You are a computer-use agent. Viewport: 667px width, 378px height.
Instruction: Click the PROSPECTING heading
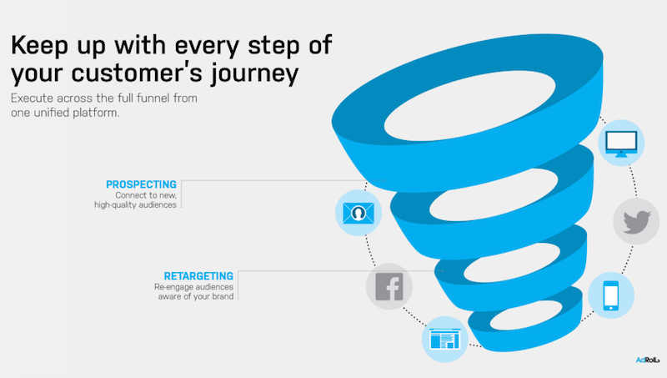pyautogui.click(x=141, y=184)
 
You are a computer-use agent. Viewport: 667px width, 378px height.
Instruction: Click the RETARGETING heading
pyautogui.click(x=198, y=276)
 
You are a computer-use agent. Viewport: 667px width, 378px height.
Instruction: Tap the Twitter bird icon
pyautogui.click(x=636, y=221)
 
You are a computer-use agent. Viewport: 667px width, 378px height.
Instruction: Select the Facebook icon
pyautogui.click(x=389, y=286)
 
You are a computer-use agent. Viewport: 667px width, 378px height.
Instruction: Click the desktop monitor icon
pyautogui.click(x=621, y=144)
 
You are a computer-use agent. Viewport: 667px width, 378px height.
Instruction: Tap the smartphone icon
pyautogui.click(x=611, y=295)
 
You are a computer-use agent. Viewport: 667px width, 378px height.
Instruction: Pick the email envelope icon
pyautogui.click(x=359, y=213)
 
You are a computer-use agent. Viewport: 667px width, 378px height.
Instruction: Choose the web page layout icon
pyautogui.click(x=445, y=340)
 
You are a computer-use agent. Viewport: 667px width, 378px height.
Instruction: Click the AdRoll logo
pyautogui.click(x=648, y=360)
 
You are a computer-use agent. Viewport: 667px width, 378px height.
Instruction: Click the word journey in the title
pyautogui.click(x=255, y=73)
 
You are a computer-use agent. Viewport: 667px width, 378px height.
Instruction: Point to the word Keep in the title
pyautogui.click(x=39, y=46)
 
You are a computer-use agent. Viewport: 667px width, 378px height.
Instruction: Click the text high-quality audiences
pyautogui.click(x=135, y=204)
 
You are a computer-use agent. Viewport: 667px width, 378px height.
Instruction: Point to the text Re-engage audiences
pyautogui.click(x=193, y=287)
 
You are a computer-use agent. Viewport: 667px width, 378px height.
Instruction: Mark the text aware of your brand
pyautogui.click(x=196, y=296)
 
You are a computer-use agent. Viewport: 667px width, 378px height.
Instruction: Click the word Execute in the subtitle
pyautogui.click(x=32, y=98)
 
